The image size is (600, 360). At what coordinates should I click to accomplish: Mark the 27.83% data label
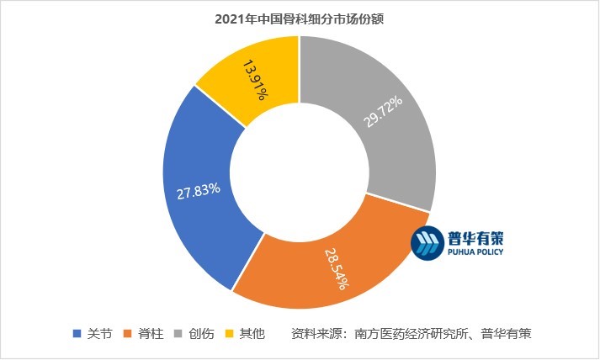198,190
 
